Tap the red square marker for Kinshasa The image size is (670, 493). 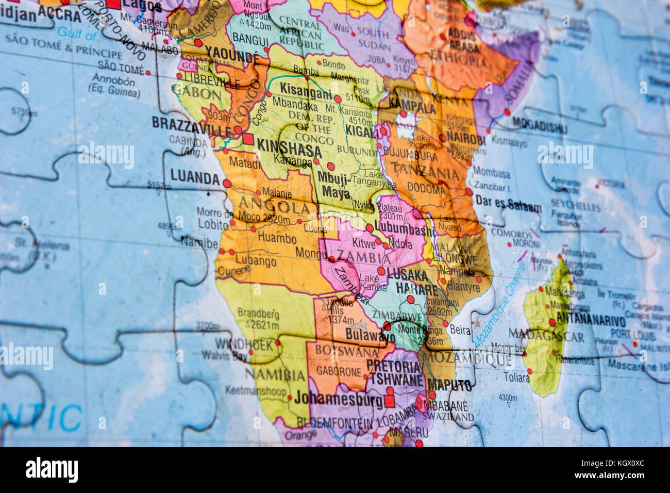[248, 139]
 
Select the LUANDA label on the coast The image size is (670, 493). [195, 177]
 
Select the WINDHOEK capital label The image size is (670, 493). [244, 344]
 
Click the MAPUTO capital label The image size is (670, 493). [449, 385]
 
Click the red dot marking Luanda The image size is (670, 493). [227, 183]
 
